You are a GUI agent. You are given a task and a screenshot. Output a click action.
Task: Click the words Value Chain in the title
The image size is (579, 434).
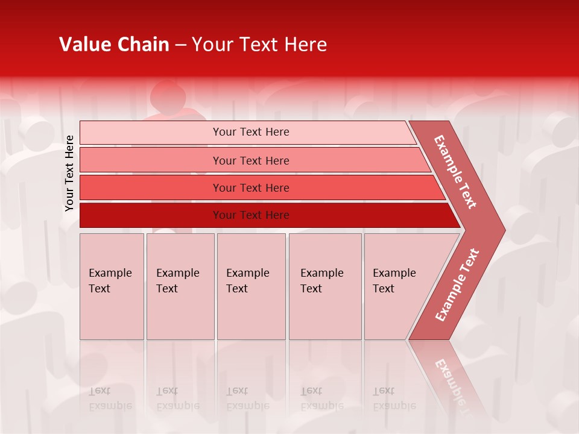tap(114, 45)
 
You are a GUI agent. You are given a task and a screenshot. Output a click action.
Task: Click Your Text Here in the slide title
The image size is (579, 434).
tap(259, 45)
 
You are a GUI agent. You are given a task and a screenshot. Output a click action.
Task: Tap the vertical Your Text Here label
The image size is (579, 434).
tap(69, 173)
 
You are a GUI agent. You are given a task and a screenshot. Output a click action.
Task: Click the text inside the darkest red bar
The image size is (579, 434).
tap(251, 215)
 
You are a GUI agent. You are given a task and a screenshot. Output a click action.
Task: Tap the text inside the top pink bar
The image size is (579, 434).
tap(251, 132)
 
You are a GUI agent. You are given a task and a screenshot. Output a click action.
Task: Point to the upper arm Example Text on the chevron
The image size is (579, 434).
tap(455, 172)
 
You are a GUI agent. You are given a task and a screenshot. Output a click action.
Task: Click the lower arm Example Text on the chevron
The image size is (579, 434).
tap(457, 285)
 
